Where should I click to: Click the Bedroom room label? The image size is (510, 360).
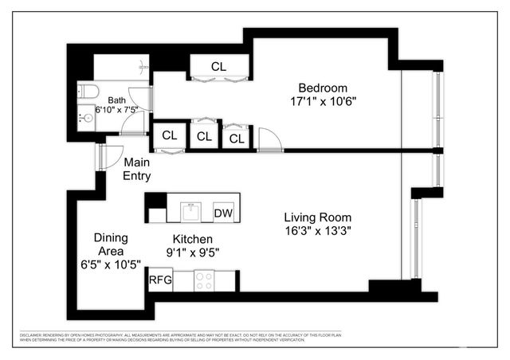click(324, 88)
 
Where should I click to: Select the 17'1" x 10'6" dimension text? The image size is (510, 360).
click(324, 102)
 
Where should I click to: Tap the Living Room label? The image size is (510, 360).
click(318, 217)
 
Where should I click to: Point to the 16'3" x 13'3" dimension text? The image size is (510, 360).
click(318, 231)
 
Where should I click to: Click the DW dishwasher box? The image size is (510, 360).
click(223, 213)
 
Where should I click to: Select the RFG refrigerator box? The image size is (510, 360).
click(160, 280)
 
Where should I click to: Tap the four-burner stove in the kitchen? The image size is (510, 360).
click(204, 280)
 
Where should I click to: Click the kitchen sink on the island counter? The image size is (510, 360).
click(191, 212)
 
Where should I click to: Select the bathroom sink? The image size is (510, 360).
click(87, 119)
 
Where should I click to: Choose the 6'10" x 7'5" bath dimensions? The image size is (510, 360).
click(117, 110)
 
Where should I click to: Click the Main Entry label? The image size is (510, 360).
click(137, 169)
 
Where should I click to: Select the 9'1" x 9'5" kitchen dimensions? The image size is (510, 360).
click(192, 252)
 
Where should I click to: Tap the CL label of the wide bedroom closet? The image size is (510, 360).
click(219, 66)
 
